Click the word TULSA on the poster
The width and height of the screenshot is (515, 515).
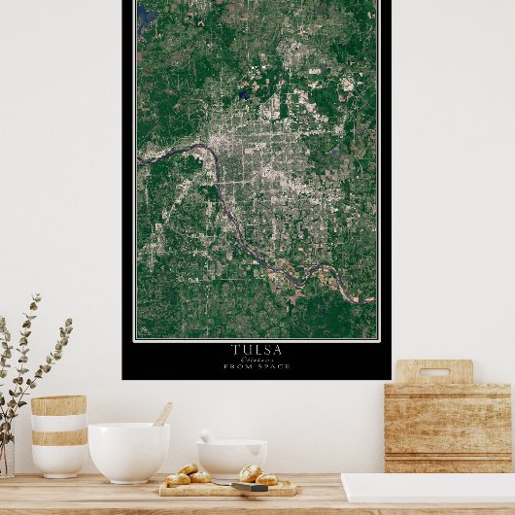(257, 349)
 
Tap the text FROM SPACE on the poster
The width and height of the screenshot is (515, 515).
(257, 366)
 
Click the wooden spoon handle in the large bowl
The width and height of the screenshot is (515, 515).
(162, 414)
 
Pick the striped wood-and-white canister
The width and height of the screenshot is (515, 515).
(58, 434)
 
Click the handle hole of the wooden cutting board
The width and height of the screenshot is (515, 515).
(434, 372)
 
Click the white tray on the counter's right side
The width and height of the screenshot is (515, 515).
(428, 487)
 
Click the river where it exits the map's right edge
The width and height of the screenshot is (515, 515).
(369, 300)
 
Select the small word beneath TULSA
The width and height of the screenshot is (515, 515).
(257, 359)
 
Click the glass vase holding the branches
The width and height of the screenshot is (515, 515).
(6, 456)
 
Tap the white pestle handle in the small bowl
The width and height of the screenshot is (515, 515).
(206, 436)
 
